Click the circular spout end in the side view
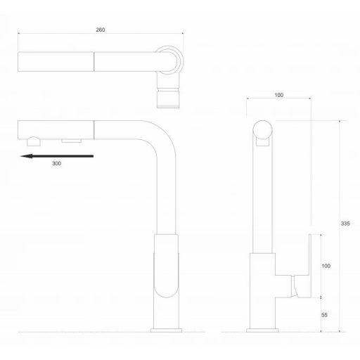tap(262, 131)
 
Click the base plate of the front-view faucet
tap(167, 328)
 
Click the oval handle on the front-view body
tap(167, 274)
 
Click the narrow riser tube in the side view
tap(262, 197)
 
